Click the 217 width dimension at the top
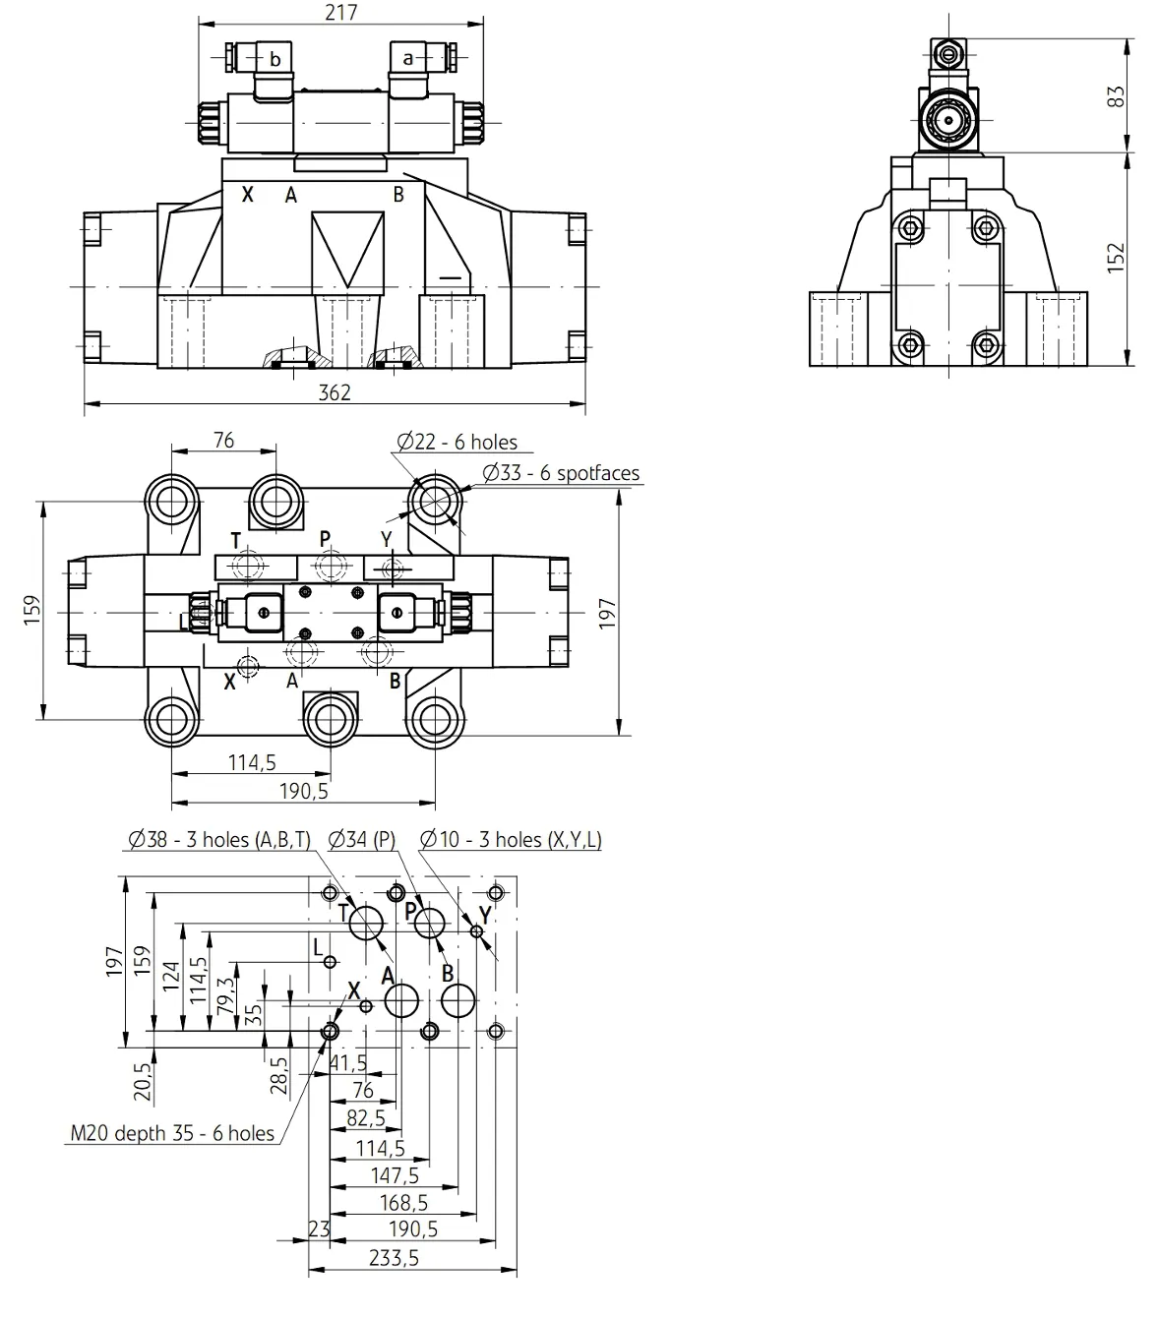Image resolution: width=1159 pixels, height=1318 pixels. [341, 13]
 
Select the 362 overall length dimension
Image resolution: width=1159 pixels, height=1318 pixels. [335, 392]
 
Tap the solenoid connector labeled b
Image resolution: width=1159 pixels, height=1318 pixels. [274, 60]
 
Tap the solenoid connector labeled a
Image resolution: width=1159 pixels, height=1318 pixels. [408, 59]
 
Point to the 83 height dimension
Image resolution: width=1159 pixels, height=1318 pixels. [1116, 96]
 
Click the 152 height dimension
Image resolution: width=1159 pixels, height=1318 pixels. [1116, 258]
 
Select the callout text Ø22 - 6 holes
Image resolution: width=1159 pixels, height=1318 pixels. [457, 443]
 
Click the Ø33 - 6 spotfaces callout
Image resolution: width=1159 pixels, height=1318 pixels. [561, 473]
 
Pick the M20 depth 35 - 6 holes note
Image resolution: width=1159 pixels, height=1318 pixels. [172, 1133]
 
